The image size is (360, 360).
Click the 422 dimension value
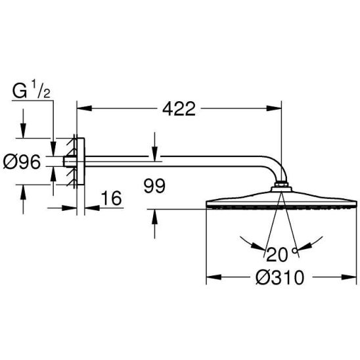tap(179, 108)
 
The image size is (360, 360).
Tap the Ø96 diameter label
tap(22, 162)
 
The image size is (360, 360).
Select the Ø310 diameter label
tap(280, 277)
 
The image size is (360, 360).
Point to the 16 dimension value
tap(112, 198)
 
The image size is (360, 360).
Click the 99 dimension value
tap(154, 186)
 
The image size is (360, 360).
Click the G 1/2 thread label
tap(32, 91)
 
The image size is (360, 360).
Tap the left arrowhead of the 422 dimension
tap(84, 108)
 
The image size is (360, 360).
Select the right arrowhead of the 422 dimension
tap(274, 108)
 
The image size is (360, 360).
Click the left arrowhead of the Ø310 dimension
tap(214, 277)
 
